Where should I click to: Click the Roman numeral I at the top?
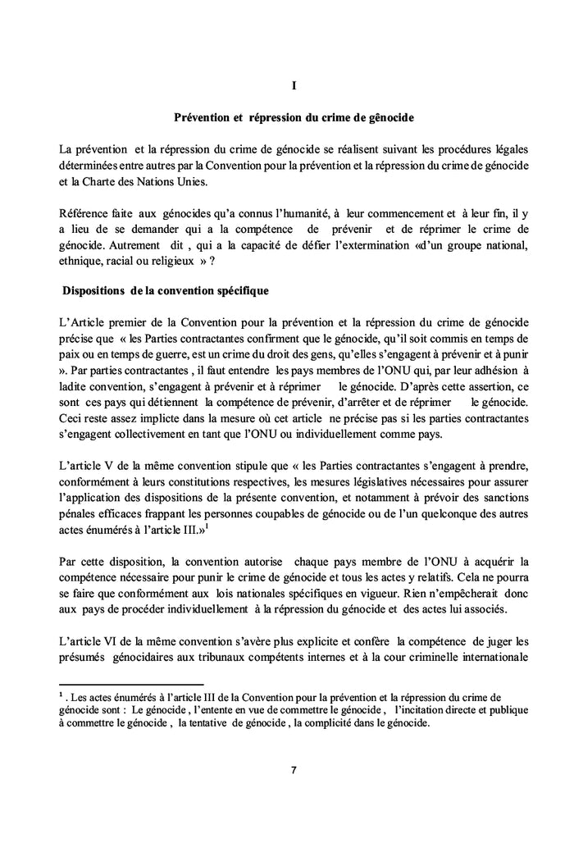click(294, 85)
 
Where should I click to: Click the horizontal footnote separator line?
click(132, 684)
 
